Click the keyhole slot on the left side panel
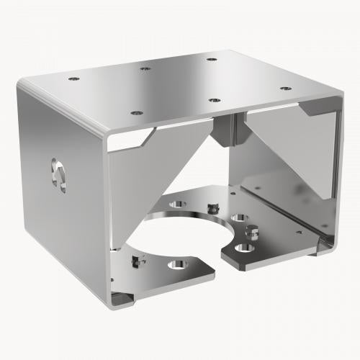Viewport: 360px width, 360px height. (x=58, y=174)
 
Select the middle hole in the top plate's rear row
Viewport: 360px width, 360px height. (x=145, y=69)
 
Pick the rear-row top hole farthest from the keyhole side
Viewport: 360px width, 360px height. (x=210, y=58)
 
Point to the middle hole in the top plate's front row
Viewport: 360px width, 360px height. (x=214, y=99)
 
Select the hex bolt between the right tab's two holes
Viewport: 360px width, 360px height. (x=252, y=232)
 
